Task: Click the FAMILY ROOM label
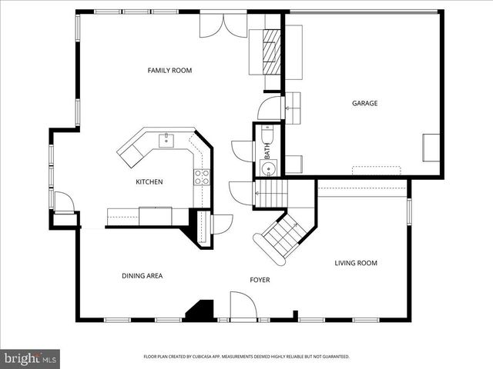169,71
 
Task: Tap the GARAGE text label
364,103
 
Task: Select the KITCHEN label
149,182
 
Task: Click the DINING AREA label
142,276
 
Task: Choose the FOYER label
260,280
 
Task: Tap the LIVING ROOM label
355,263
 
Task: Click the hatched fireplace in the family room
270,51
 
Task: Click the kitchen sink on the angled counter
166,140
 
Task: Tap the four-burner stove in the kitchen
201,177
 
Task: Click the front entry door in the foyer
244,307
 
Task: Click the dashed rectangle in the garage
377,171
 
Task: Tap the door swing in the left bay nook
63,203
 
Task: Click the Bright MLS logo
30,359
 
